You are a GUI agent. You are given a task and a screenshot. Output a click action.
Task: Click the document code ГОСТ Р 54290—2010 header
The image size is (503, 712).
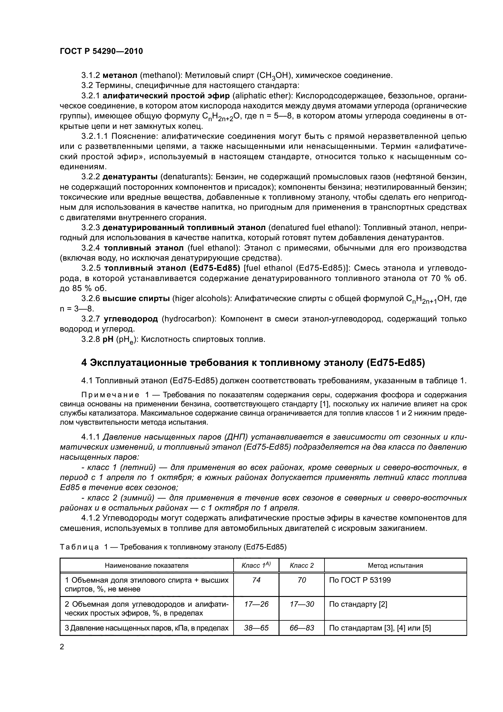101,51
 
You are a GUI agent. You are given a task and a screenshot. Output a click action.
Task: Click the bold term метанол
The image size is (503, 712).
120,75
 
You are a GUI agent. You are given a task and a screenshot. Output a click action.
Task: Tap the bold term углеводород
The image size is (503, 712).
131,319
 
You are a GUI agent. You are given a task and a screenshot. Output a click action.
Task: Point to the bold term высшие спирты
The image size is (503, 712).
136,299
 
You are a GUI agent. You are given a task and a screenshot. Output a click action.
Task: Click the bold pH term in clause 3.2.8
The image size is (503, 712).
108,339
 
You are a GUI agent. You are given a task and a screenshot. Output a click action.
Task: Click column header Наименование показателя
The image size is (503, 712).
147,565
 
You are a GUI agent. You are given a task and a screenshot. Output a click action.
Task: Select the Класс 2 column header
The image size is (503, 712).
302,565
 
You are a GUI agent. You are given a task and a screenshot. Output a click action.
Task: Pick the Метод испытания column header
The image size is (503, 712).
395,565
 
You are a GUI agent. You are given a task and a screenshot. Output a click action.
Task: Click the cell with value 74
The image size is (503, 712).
256,580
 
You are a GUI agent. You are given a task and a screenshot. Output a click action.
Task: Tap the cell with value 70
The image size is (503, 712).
302,580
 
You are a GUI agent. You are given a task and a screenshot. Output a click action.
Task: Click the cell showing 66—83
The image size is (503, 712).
302,628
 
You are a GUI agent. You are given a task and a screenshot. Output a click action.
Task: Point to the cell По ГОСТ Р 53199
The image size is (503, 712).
360,580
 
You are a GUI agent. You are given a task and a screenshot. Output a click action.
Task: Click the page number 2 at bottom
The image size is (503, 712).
62,647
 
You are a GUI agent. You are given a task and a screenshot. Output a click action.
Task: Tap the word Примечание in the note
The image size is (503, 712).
110,395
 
